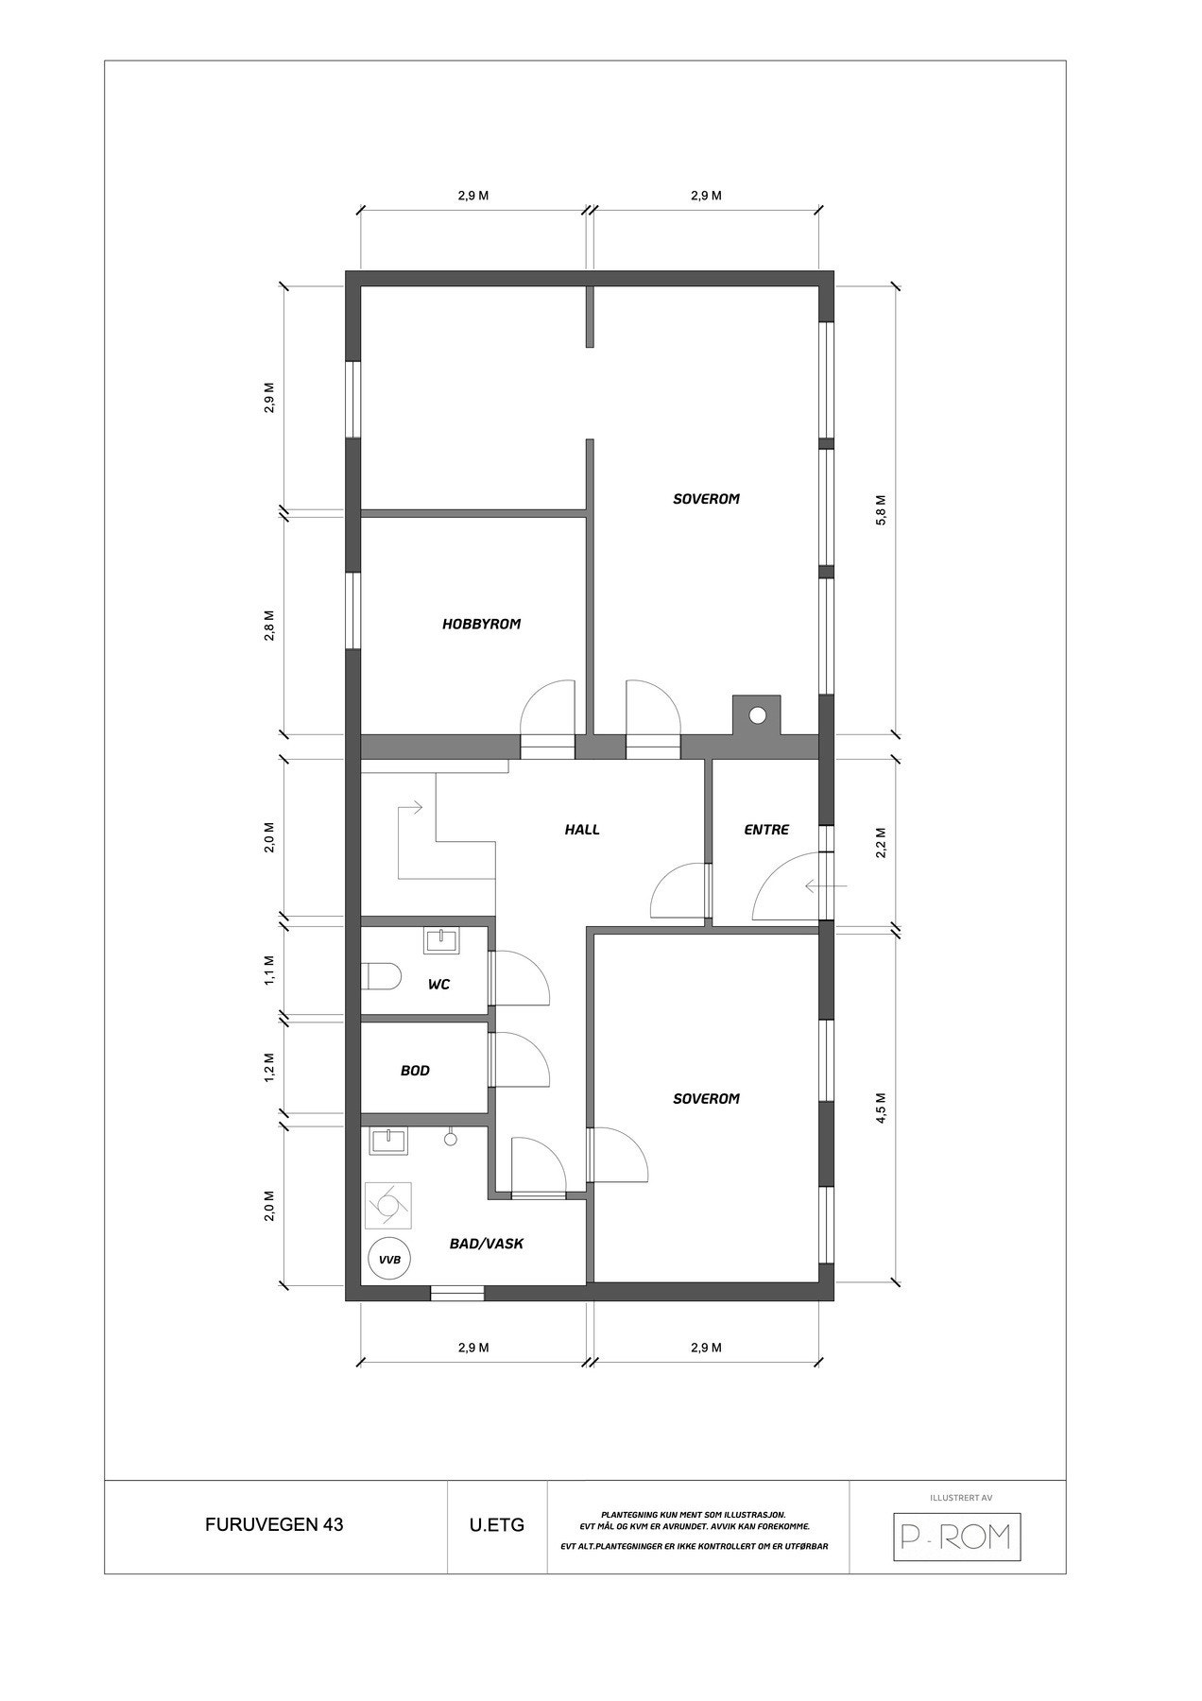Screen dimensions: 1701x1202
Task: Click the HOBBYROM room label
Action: click(481, 624)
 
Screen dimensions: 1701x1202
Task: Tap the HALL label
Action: click(582, 830)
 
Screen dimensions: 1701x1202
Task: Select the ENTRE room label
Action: click(766, 830)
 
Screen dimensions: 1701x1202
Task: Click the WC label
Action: click(438, 984)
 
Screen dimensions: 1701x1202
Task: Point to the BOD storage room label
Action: click(415, 1071)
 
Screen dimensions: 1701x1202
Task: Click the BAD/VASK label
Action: click(487, 1244)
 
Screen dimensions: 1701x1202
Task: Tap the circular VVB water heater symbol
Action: click(388, 1259)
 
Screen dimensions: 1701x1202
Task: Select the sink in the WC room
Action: click(440, 940)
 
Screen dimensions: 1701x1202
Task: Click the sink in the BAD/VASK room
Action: click(388, 1141)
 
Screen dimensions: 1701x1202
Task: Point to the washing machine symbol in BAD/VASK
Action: click(387, 1205)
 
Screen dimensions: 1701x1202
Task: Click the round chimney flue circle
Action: click(757, 714)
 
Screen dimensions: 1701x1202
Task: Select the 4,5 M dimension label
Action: click(881, 1108)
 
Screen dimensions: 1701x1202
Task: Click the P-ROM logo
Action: click(957, 1538)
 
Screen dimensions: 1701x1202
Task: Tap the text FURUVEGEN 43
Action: click(274, 1525)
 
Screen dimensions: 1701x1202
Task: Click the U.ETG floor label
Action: click(496, 1525)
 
